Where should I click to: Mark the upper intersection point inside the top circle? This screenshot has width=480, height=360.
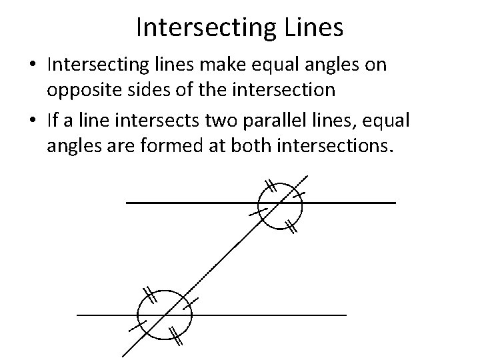281,201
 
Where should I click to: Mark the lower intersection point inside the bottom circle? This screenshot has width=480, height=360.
165,313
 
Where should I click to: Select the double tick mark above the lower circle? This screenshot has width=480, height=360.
149,294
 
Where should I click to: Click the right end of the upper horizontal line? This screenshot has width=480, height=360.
395,201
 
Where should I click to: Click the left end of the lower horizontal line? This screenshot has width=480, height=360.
79,313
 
